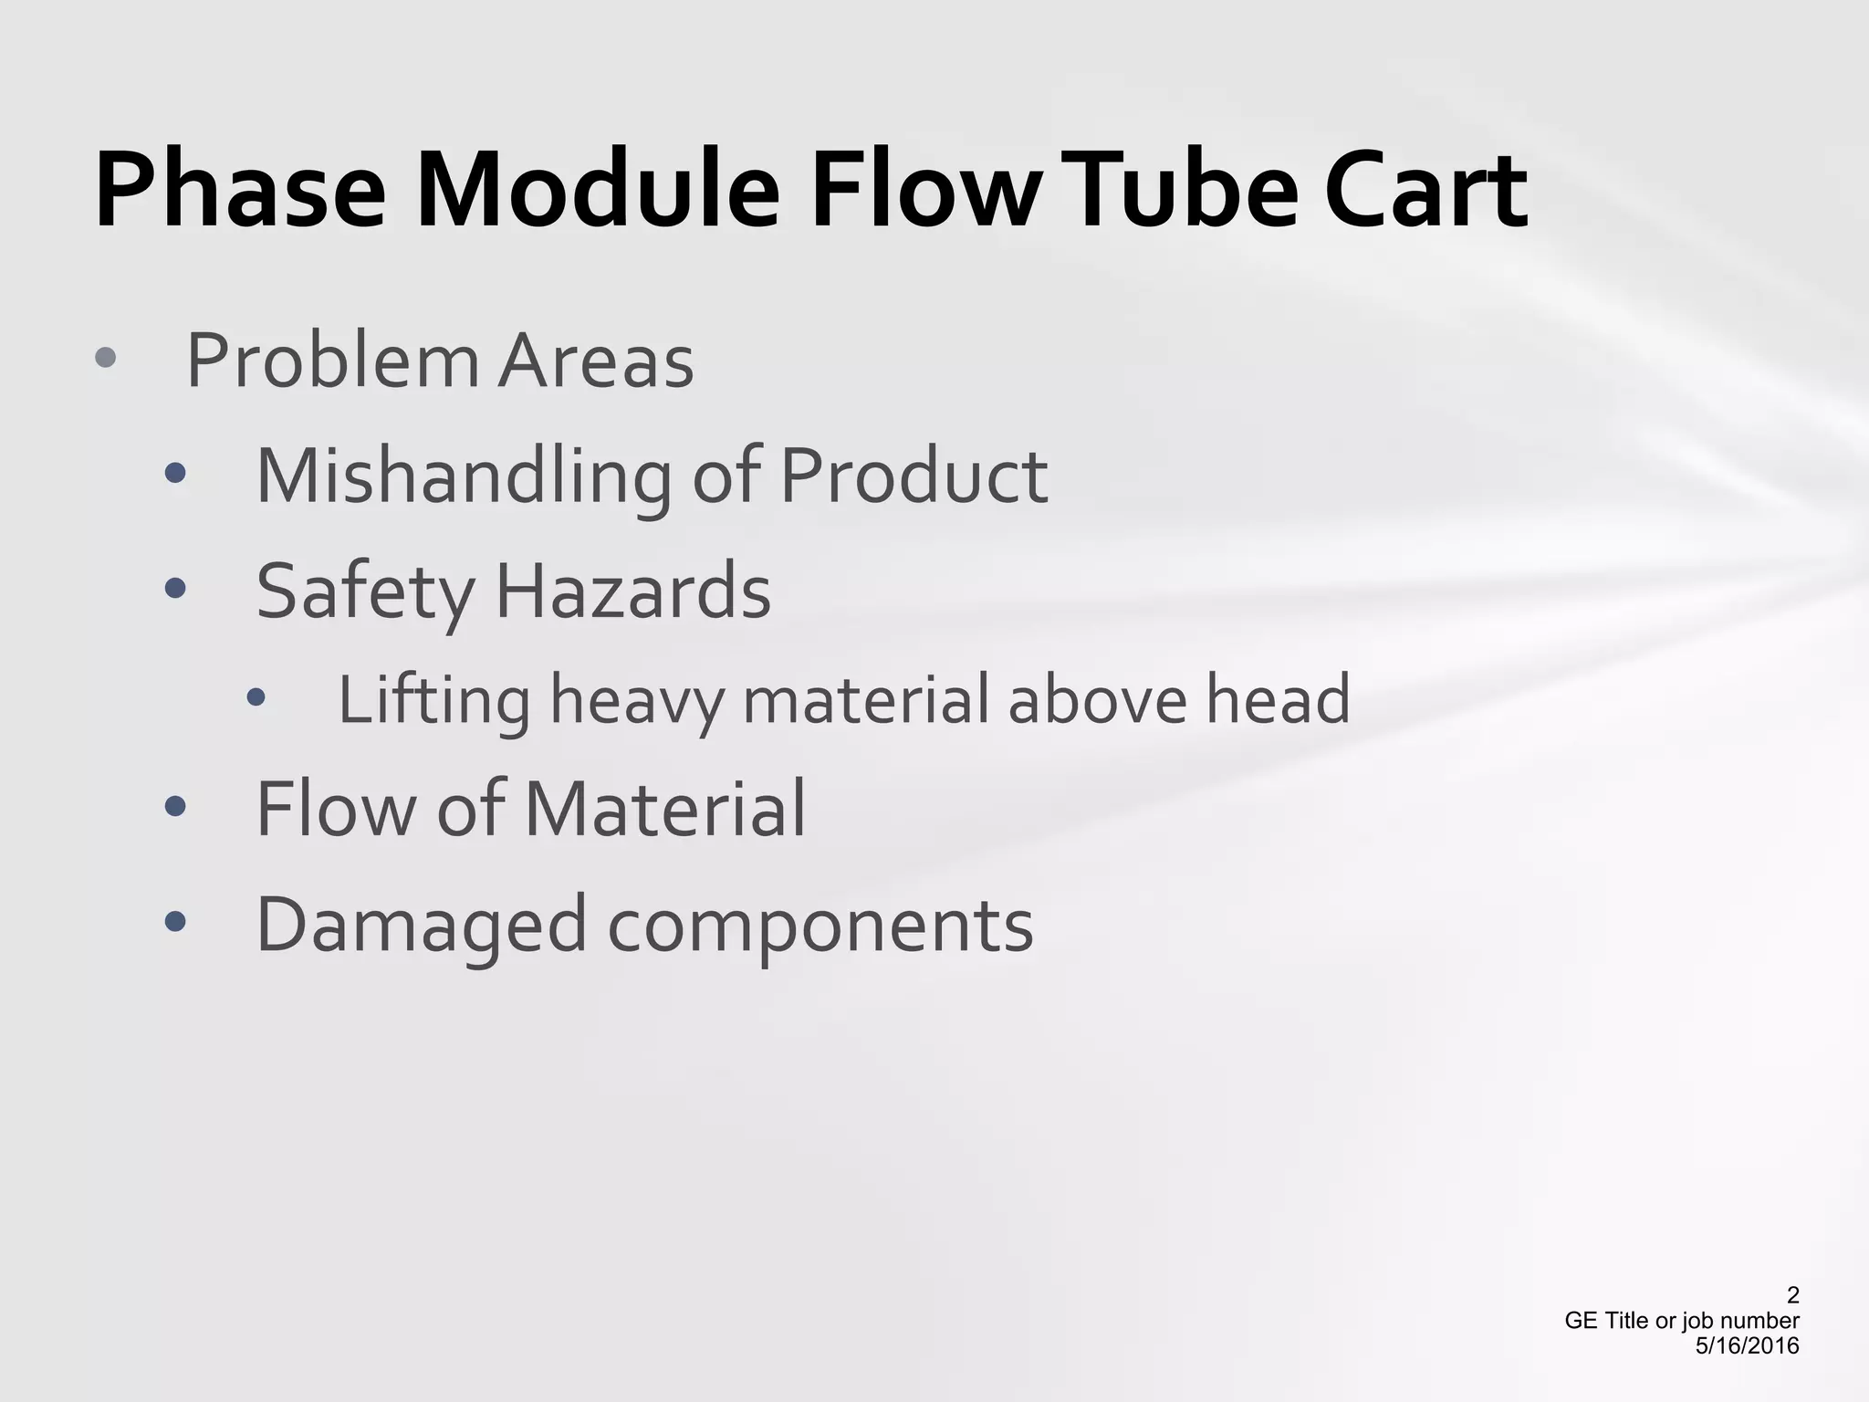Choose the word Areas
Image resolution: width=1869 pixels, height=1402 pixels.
pyautogui.click(x=595, y=361)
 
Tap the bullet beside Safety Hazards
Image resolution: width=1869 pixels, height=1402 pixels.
pyautogui.click(x=175, y=589)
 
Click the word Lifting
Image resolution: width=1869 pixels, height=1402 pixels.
pyautogui.click(x=433, y=701)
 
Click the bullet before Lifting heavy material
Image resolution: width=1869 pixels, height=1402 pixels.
pyautogui.click(x=256, y=698)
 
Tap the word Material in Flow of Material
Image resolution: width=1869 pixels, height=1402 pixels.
pyautogui.click(x=665, y=809)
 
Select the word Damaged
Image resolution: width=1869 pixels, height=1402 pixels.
pyautogui.click(x=421, y=926)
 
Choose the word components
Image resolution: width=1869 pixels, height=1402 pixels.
pyautogui.click(x=820, y=926)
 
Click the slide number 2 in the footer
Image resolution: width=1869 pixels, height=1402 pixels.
pyautogui.click(x=1792, y=1295)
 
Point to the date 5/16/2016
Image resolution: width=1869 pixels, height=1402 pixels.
pyautogui.click(x=1747, y=1345)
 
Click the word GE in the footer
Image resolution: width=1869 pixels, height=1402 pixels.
pyautogui.click(x=1580, y=1321)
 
